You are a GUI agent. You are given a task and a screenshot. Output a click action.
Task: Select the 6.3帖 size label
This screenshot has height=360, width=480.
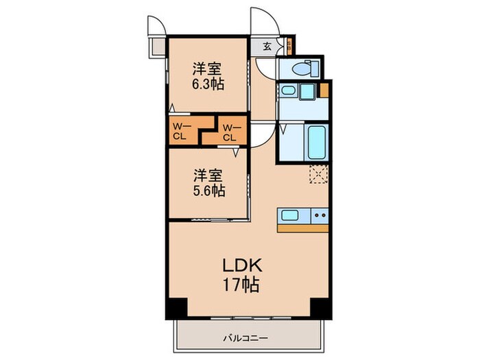coord(208,84)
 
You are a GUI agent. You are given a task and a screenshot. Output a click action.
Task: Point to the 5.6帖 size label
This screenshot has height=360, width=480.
coord(208,190)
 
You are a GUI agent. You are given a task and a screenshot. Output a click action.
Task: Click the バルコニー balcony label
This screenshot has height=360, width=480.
coord(244,337)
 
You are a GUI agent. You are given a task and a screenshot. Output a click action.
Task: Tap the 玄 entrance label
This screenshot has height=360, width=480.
coord(267,47)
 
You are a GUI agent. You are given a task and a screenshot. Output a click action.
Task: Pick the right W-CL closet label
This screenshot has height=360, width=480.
coord(230,131)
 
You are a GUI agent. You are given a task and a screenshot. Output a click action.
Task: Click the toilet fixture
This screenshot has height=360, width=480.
coord(302,69)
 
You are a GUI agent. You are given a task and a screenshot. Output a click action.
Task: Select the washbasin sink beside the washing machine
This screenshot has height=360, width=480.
coord(288,91)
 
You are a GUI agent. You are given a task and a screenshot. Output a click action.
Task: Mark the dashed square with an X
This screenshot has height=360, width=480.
coord(317,174)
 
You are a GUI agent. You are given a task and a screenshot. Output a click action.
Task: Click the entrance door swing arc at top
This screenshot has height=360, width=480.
coord(260,19)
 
